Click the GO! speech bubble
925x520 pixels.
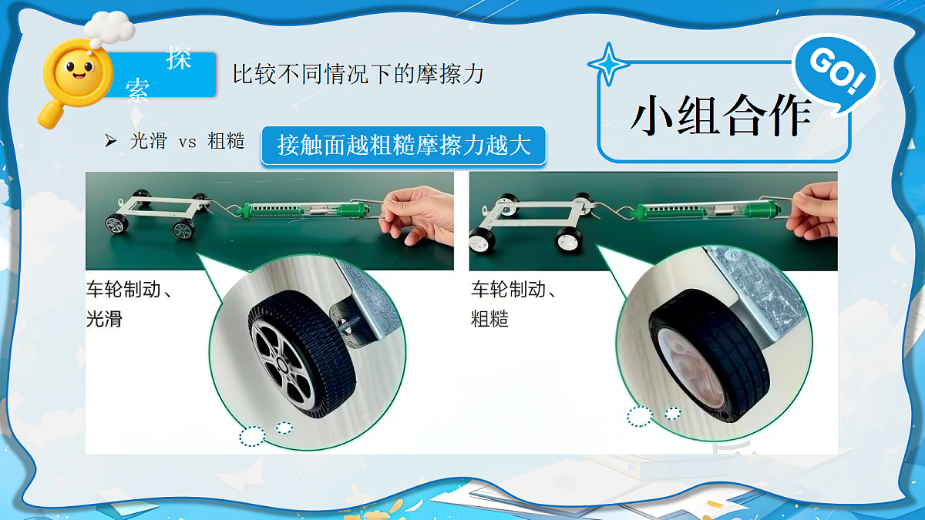tap(836, 73)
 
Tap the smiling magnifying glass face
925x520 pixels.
tap(77, 71)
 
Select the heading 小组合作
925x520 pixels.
tap(721, 116)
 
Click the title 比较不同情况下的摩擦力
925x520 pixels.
tap(358, 74)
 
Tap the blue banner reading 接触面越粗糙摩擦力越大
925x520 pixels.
tap(403, 146)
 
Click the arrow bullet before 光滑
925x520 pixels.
tap(110, 141)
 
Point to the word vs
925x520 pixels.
tap(187, 143)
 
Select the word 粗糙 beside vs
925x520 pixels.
tap(225, 141)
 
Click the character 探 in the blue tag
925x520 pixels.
tap(179, 59)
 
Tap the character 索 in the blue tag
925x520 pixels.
tap(137, 89)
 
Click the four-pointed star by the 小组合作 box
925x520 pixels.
tap(608, 65)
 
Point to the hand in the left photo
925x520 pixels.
tap(417, 216)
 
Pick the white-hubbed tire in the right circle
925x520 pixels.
tap(709, 355)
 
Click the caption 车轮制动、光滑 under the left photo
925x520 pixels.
tap(128, 304)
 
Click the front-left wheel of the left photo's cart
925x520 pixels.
tap(117, 224)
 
